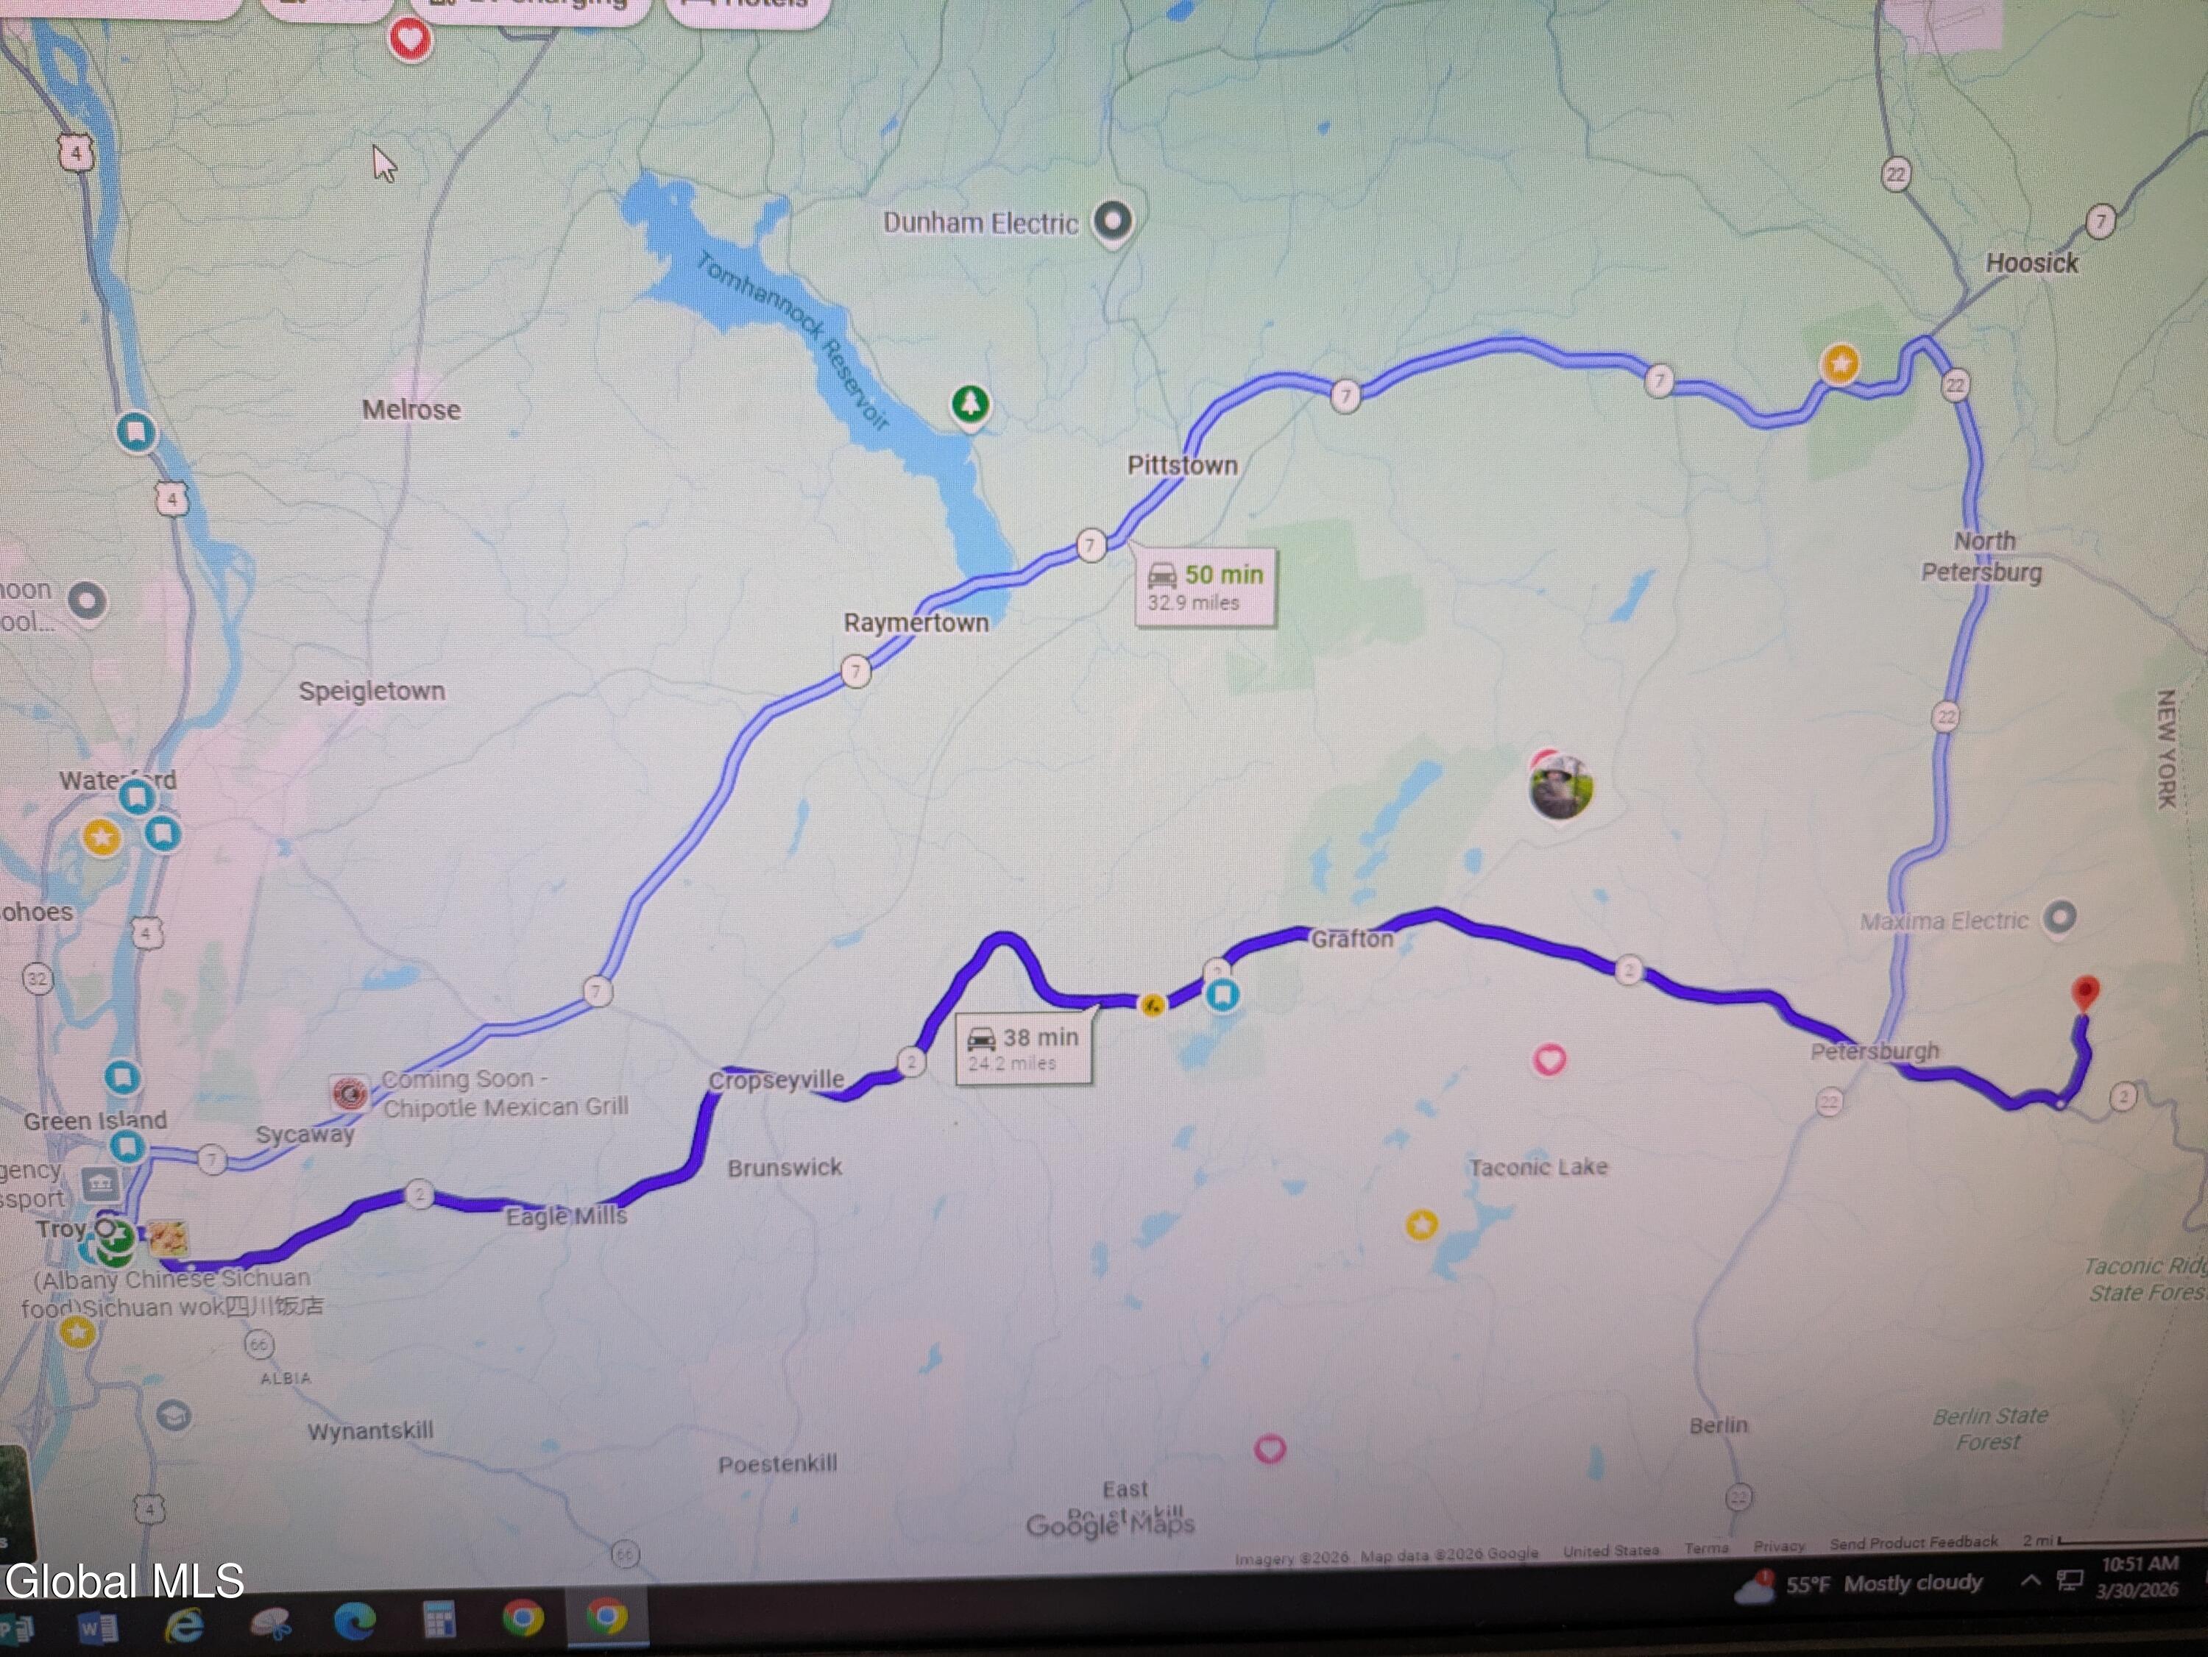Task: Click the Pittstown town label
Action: coord(1182,465)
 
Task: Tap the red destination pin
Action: coord(2084,993)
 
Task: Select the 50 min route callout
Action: coord(1206,587)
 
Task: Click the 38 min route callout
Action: coord(1023,1048)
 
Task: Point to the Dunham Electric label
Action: coord(980,223)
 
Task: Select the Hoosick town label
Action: coord(2031,263)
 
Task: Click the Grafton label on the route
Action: coord(1351,940)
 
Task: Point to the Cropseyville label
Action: coord(776,1080)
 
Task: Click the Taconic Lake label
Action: coord(1538,1167)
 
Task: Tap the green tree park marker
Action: coord(969,404)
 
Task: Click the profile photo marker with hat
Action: coord(1560,786)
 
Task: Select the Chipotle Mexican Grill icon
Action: coord(350,1094)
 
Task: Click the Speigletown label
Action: coord(372,691)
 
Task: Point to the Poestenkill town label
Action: coord(778,1464)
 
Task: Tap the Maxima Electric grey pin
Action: coord(2059,916)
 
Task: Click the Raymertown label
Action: coord(916,623)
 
